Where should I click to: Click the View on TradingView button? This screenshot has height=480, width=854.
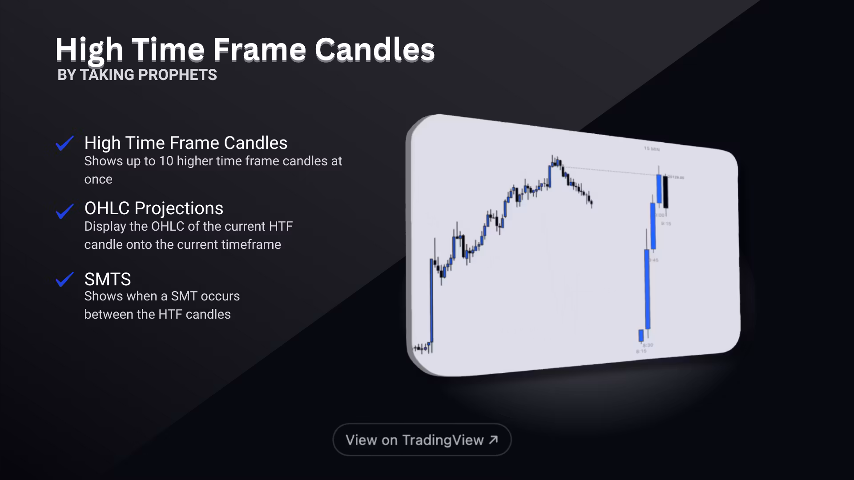pos(422,440)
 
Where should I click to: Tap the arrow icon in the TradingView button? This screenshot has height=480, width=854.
pos(493,440)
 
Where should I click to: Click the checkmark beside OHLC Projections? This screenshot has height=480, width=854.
pos(64,211)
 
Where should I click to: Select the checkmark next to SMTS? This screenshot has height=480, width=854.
pos(64,280)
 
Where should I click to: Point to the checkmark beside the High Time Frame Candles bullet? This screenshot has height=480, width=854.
pos(64,143)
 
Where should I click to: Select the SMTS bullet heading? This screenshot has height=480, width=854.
pos(108,279)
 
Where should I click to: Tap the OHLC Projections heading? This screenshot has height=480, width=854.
pos(153,208)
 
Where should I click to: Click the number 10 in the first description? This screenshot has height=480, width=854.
pos(166,161)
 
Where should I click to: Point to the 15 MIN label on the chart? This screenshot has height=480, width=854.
pos(652,149)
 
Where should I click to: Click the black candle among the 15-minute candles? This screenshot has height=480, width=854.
pos(666,192)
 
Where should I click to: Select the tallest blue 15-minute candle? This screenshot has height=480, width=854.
pos(647,289)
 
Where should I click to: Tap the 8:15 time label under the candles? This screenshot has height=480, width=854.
pos(641,352)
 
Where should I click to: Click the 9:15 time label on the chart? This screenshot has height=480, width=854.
pos(666,224)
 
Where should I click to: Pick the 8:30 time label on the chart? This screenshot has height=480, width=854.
pos(648,345)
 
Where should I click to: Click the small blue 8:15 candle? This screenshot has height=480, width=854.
pos(641,335)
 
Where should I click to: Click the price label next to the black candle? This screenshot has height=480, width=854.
pos(677,178)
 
